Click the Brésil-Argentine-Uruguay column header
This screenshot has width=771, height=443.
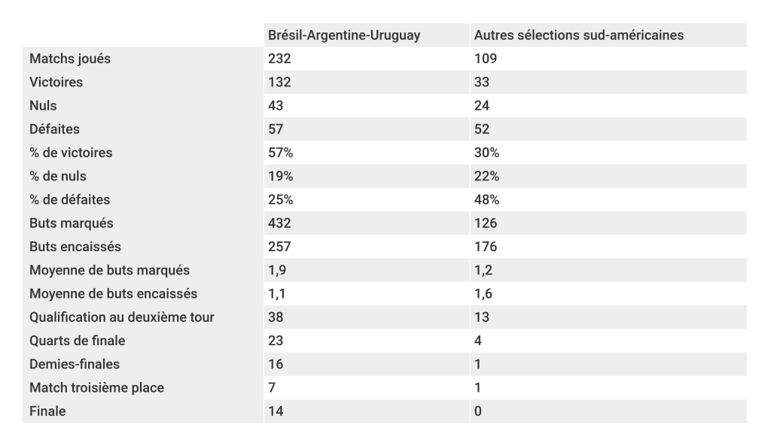(344, 35)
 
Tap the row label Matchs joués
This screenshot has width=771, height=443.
(70, 59)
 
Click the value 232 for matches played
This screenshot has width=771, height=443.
(279, 59)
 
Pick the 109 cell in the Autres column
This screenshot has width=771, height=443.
(486, 59)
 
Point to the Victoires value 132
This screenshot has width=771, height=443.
(279, 82)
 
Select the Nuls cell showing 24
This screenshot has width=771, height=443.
(482, 106)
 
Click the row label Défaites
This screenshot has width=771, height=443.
(54, 129)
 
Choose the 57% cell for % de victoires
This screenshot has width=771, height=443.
(281, 153)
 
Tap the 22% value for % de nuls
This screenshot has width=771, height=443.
(486, 177)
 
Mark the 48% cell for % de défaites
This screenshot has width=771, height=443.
(486, 200)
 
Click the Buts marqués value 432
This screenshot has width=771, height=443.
(279, 223)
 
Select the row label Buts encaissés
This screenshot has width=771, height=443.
(75, 247)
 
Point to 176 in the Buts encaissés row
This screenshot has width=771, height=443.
(486, 247)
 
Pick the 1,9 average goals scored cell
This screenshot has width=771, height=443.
(276, 270)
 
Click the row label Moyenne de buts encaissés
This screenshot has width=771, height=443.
(113, 294)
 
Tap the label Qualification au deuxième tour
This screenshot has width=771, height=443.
(122, 317)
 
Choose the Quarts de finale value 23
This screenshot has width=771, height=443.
(276, 341)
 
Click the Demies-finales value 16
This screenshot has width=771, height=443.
(276, 364)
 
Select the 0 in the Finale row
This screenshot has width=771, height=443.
(478, 411)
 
